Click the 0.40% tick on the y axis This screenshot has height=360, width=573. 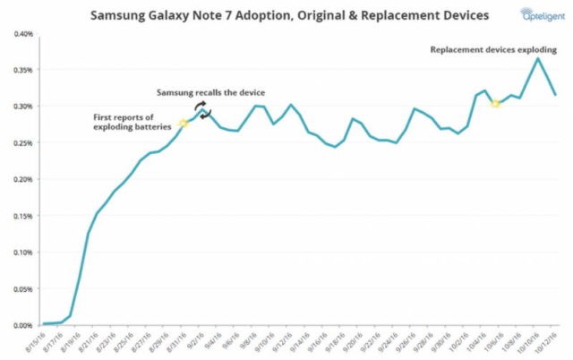click(22, 34)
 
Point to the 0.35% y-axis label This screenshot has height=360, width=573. click(22, 70)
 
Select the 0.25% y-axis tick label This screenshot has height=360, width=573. click(22, 142)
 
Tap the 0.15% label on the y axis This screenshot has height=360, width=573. click(22, 216)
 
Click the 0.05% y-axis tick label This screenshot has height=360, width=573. click(22, 288)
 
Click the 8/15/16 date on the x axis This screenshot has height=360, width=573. click(37, 341)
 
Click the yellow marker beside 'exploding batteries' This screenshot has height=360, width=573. click(183, 123)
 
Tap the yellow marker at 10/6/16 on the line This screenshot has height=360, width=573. click(495, 104)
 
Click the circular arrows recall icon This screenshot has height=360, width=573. click(203, 110)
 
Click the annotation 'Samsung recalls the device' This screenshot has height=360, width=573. click(210, 92)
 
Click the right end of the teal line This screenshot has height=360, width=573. click(555, 94)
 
